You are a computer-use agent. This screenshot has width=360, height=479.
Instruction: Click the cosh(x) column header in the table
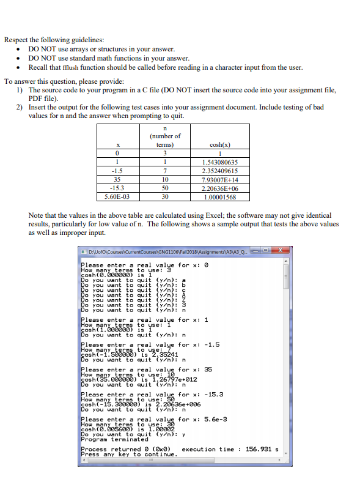[219, 145]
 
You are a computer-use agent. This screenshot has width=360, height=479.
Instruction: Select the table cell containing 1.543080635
[219, 162]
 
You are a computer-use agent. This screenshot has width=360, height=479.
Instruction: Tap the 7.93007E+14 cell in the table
[219, 179]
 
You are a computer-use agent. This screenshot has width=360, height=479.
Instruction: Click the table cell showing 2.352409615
[219, 171]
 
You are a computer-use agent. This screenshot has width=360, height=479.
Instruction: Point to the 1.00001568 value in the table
[219, 196]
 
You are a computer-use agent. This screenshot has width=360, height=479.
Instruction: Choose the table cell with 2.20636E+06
[219, 188]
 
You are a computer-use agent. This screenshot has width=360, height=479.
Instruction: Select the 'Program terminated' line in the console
[115, 439]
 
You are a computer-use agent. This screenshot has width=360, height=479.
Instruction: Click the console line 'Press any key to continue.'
[129, 454]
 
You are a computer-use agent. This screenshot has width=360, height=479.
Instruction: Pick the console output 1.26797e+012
[165, 379]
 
